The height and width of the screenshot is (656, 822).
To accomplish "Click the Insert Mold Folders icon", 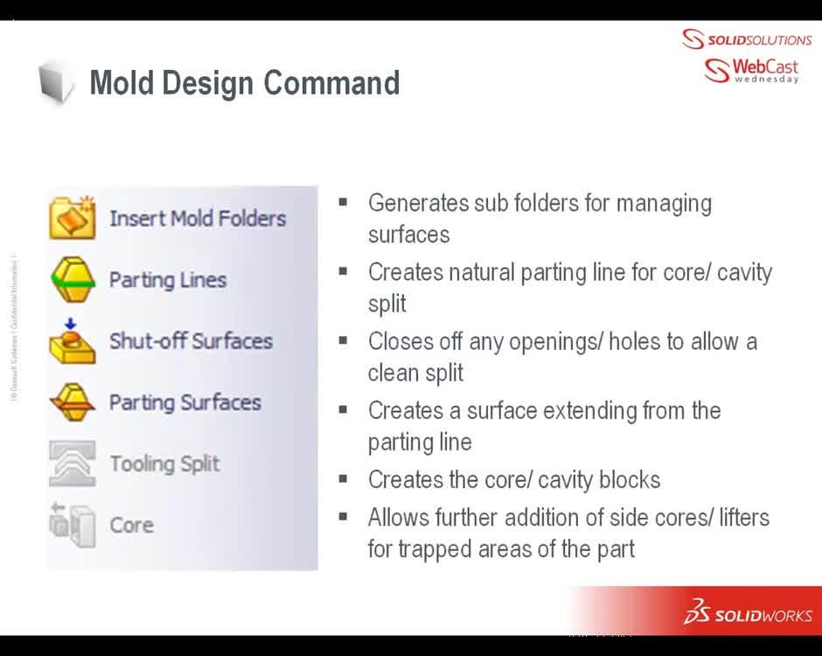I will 73,218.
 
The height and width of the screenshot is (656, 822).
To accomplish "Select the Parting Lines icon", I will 73,279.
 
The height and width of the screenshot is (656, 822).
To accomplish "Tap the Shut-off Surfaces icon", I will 73,340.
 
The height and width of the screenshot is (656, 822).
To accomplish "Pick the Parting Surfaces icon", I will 73,401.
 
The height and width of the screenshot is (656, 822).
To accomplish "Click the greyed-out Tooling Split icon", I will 73,464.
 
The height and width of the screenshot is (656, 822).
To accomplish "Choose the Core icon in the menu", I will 73,525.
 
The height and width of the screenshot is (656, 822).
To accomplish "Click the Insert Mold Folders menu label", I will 198,218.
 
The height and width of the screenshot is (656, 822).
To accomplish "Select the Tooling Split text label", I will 164,464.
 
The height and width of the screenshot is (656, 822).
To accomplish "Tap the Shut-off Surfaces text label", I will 191,340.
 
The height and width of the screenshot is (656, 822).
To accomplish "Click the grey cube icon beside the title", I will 56,83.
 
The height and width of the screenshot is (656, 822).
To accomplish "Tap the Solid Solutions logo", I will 747,39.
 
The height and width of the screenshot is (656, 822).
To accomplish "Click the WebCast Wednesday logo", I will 751,70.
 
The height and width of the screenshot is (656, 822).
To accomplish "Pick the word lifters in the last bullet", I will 744,517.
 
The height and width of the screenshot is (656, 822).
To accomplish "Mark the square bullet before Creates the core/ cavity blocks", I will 344,478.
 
